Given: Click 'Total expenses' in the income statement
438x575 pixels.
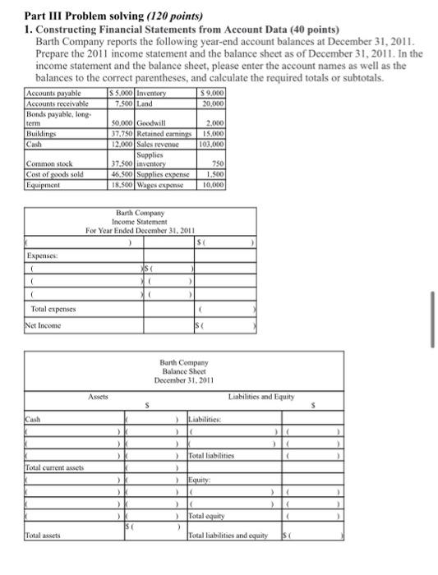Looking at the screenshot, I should pos(49,309).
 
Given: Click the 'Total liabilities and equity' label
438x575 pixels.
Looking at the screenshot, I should pos(230,536).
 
